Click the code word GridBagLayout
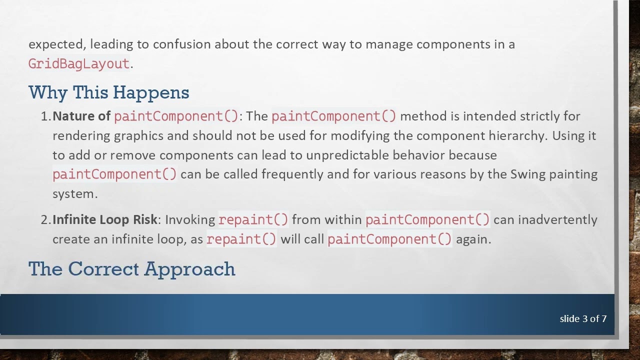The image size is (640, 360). [x=79, y=64]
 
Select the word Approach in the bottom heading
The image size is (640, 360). [x=190, y=269]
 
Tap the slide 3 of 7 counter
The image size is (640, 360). [x=583, y=318]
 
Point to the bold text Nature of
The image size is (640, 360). [x=81, y=116]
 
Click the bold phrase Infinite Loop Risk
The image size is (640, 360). [x=104, y=220]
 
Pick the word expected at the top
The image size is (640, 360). [x=56, y=44]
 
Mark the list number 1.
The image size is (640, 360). [x=45, y=116]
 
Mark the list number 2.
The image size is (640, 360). [x=45, y=220]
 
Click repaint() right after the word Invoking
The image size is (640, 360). [x=253, y=220]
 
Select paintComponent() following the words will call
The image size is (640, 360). [x=389, y=239]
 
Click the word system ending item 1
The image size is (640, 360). [x=74, y=194]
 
